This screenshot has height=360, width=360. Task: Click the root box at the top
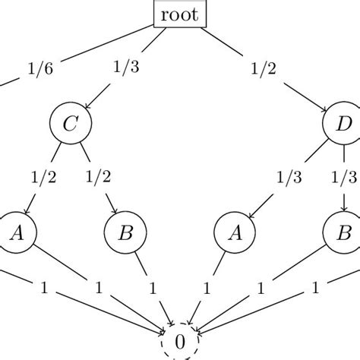click(x=179, y=13)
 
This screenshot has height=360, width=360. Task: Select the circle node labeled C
click(x=68, y=123)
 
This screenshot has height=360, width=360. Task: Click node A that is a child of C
click(x=14, y=232)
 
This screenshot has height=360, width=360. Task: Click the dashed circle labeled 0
click(x=179, y=341)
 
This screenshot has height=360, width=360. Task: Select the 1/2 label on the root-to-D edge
click(x=264, y=68)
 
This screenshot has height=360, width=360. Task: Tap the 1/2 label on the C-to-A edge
click(x=43, y=178)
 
